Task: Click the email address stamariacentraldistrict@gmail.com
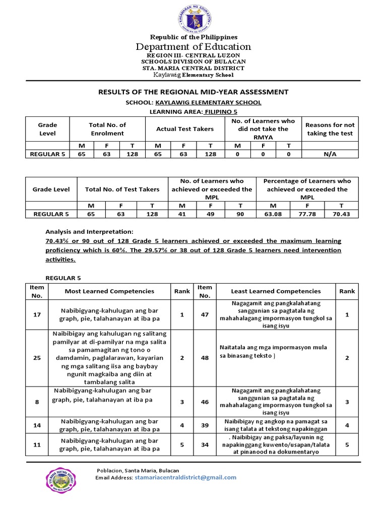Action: click(185, 477)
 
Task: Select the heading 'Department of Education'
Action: click(193, 47)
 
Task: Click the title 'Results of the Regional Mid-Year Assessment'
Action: click(193, 92)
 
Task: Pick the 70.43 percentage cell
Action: click(342, 214)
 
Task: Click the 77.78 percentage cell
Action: click(307, 214)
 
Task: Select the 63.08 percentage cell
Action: click(273, 214)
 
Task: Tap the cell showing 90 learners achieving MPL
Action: click(240, 214)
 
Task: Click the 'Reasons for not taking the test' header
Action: click(330, 129)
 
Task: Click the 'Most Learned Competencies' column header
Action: click(109, 291)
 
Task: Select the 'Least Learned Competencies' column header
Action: click(276, 291)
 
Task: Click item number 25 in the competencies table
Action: click(37, 357)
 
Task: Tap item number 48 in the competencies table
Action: click(205, 357)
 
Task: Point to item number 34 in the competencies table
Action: click(205, 445)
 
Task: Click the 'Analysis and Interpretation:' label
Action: click(89, 232)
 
